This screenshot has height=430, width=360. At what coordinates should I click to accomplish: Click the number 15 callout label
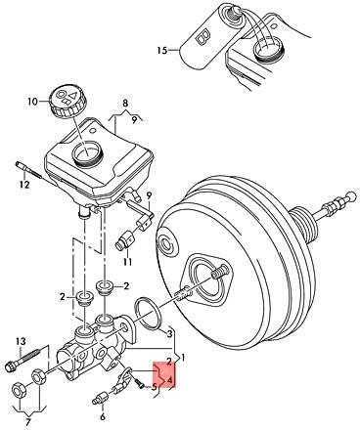(x=161, y=51)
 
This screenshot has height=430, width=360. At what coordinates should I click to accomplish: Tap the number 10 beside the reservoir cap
(x=33, y=102)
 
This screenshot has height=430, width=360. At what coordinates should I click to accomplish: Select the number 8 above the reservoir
(x=125, y=105)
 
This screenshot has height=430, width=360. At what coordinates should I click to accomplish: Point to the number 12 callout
(x=24, y=185)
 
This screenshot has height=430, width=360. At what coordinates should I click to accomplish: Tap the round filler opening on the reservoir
(x=87, y=153)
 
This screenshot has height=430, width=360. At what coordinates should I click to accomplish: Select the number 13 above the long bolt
(x=21, y=341)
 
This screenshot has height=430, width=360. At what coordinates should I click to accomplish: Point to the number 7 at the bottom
(x=27, y=423)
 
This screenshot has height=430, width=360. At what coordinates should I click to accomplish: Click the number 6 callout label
(x=103, y=416)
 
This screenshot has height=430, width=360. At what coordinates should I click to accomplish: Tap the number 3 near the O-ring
(x=169, y=333)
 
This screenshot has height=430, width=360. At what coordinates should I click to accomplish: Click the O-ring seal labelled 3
(x=147, y=314)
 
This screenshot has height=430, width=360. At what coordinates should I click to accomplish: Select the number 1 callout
(x=183, y=358)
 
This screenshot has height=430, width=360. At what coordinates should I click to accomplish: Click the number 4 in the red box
(x=169, y=380)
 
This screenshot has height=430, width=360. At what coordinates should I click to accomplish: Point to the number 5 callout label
(x=155, y=387)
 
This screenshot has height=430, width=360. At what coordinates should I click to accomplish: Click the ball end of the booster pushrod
(x=351, y=195)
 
